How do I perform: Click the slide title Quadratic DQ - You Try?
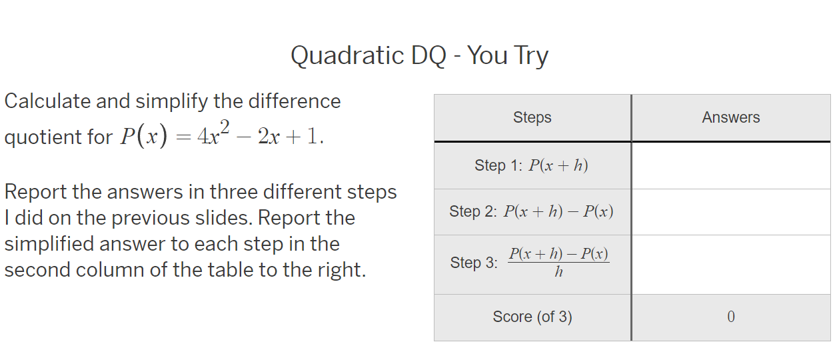419,56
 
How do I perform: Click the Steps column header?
532,118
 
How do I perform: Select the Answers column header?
730,118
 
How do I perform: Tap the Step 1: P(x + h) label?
531,165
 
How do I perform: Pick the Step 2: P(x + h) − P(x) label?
531,212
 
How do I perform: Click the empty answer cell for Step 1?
730,165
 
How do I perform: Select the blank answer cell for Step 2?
730,212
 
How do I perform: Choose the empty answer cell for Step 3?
730,264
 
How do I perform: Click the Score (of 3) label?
532,317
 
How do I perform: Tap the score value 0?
730,317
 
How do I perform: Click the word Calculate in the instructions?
47,101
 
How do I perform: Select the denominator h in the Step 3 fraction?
558,272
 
